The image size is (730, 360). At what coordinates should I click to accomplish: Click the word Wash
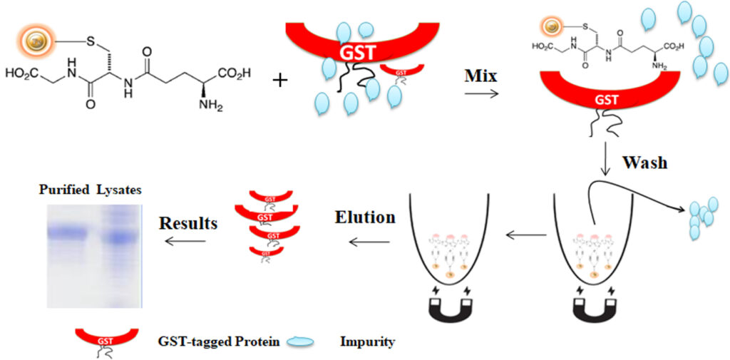point(644,162)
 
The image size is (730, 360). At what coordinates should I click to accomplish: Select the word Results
point(188,223)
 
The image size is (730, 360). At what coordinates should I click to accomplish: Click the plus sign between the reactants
point(281,78)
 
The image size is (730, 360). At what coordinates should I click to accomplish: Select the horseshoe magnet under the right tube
point(592,306)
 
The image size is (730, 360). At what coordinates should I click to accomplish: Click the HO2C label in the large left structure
point(22,74)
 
